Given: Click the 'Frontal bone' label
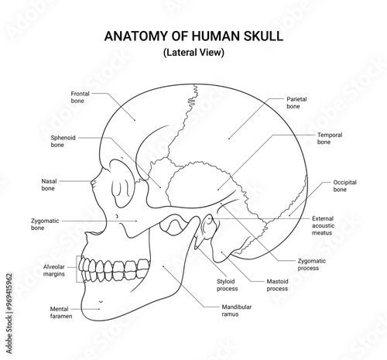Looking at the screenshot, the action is [x=80, y=97].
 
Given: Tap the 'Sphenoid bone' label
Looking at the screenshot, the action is [x=63, y=141].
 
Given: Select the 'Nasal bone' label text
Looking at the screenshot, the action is [x=49, y=184].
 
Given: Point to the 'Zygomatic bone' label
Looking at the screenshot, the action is [x=45, y=225].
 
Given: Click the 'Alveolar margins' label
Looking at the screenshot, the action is [x=53, y=270].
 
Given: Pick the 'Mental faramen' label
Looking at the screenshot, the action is [x=61, y=312].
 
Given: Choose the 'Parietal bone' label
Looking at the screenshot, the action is [x=296, y=102].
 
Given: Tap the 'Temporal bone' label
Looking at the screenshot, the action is [x=330, y=139].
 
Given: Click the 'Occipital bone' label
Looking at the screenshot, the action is [x=344, y=186].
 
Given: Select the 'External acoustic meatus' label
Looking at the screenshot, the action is [x=324, y=225].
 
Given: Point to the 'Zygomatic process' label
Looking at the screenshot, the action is [x=312, y=264].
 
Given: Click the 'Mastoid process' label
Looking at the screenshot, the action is [x=277, y=285].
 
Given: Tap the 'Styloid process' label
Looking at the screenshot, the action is [x=227, y=285].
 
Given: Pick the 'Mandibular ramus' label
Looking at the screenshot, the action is [x=237, y=310].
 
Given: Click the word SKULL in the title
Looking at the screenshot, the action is [x=263, y=36].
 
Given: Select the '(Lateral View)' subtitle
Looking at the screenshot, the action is [x=193, y=53].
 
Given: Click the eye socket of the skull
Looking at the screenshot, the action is [x=122, y=183].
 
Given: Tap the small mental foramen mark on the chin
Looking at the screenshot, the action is [x=101, y=301].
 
